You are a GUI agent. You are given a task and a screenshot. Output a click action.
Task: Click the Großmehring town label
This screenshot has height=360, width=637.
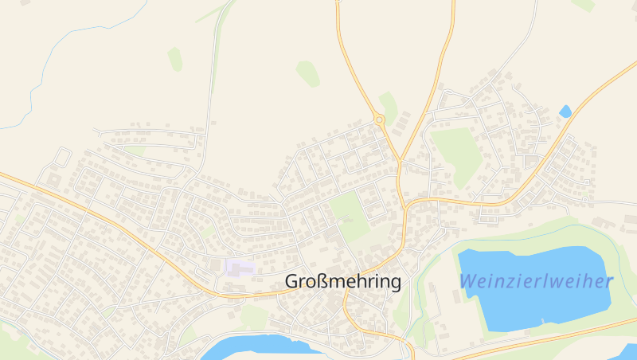[342, 282]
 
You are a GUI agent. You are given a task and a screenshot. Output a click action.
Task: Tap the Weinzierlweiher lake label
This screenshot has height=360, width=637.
[536, 281]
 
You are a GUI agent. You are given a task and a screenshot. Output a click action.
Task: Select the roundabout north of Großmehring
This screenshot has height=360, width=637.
[380, 120]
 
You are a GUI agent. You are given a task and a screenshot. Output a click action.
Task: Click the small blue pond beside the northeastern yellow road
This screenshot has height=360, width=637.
[565, 112]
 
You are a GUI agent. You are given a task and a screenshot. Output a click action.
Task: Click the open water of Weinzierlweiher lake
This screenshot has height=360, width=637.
[526, 307]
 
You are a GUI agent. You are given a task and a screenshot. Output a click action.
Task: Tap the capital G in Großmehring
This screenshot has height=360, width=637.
[292, 282]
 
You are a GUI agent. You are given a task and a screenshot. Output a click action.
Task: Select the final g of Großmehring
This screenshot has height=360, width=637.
[395, 284]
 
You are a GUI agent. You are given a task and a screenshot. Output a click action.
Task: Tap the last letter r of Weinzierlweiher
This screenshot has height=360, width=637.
[609, 282]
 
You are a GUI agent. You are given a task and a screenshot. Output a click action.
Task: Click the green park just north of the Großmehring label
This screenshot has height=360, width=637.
[348, 211]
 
